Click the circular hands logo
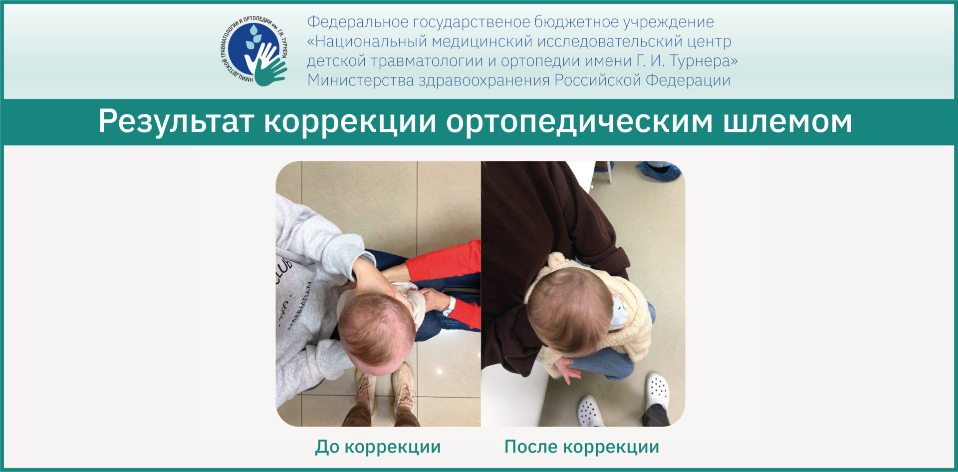pos(254,50)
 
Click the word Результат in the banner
pos(176,121)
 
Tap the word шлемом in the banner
pos(788,121)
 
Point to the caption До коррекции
pos(378,447)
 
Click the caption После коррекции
pos(582,447)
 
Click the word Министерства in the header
pos(361,80)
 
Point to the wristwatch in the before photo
pos(449,306)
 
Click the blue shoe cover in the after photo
pos(659,171)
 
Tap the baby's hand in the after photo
pos(567,369)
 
